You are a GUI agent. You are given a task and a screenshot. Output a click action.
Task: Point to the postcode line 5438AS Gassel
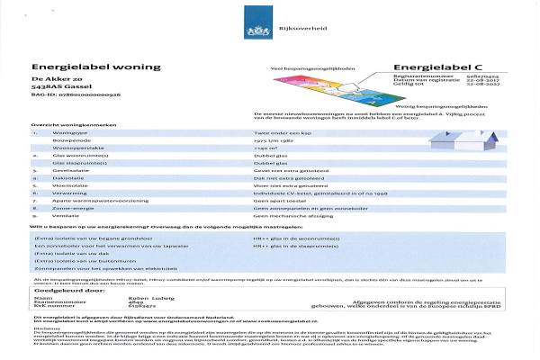tap(59, 91)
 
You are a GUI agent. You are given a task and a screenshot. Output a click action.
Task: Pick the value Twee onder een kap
tap(278, 132)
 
